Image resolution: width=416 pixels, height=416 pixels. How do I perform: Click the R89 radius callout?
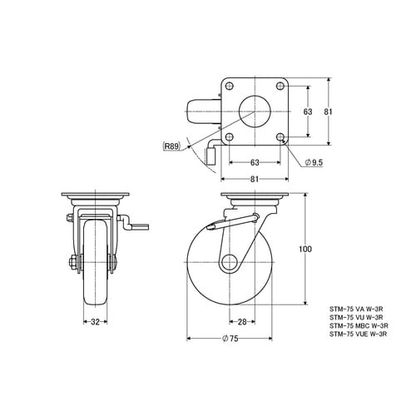point(171,146)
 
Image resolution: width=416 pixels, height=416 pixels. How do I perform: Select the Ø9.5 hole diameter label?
point(314,162)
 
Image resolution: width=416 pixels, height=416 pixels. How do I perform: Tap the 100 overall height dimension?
point(305,249)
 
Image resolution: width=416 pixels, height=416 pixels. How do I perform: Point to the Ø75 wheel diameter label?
point(230,339)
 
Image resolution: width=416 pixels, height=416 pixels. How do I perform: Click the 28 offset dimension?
point(242,322)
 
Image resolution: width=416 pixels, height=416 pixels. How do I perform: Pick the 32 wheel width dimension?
point(95,322)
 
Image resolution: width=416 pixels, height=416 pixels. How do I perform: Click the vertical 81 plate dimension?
point(329,111)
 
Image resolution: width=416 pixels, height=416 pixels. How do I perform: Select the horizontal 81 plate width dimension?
point(255,179)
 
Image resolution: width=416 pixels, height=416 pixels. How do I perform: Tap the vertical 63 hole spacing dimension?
point(308,111)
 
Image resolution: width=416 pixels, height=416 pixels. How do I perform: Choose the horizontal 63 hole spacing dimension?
point(255,162)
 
